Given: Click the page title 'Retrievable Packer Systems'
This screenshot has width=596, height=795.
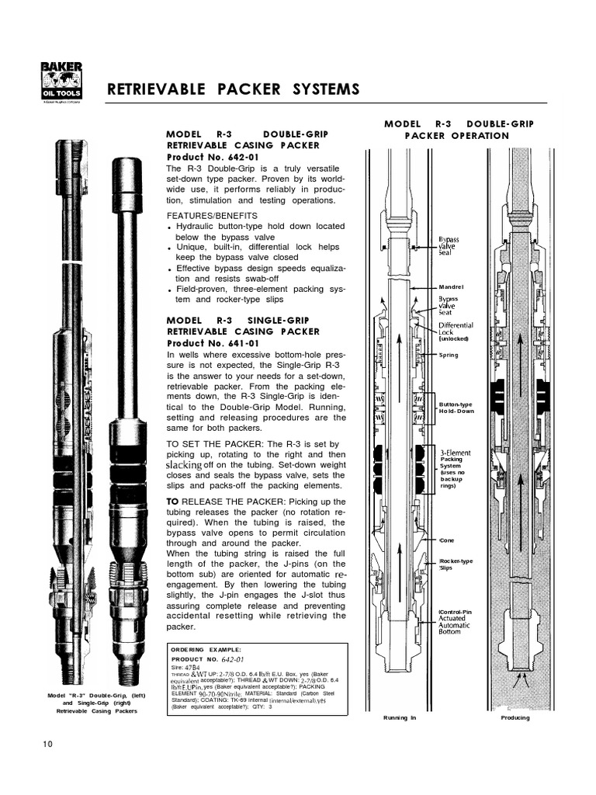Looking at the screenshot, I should [233, 90].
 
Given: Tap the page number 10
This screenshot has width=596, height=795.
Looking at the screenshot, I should [48, 745].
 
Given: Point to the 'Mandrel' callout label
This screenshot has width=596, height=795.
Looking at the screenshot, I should [452, 286].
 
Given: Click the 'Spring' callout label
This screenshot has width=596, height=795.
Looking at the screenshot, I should [449, 355].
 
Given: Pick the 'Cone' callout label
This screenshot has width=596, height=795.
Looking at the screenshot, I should [448, 540].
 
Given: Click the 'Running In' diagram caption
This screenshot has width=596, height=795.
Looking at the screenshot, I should [400, 717].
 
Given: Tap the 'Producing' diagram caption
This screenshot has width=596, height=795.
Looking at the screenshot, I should [515, 717].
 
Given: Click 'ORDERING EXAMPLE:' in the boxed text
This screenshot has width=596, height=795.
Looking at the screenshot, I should [206, 649].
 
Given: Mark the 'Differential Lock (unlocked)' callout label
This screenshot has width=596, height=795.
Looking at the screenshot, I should [456, 332].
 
